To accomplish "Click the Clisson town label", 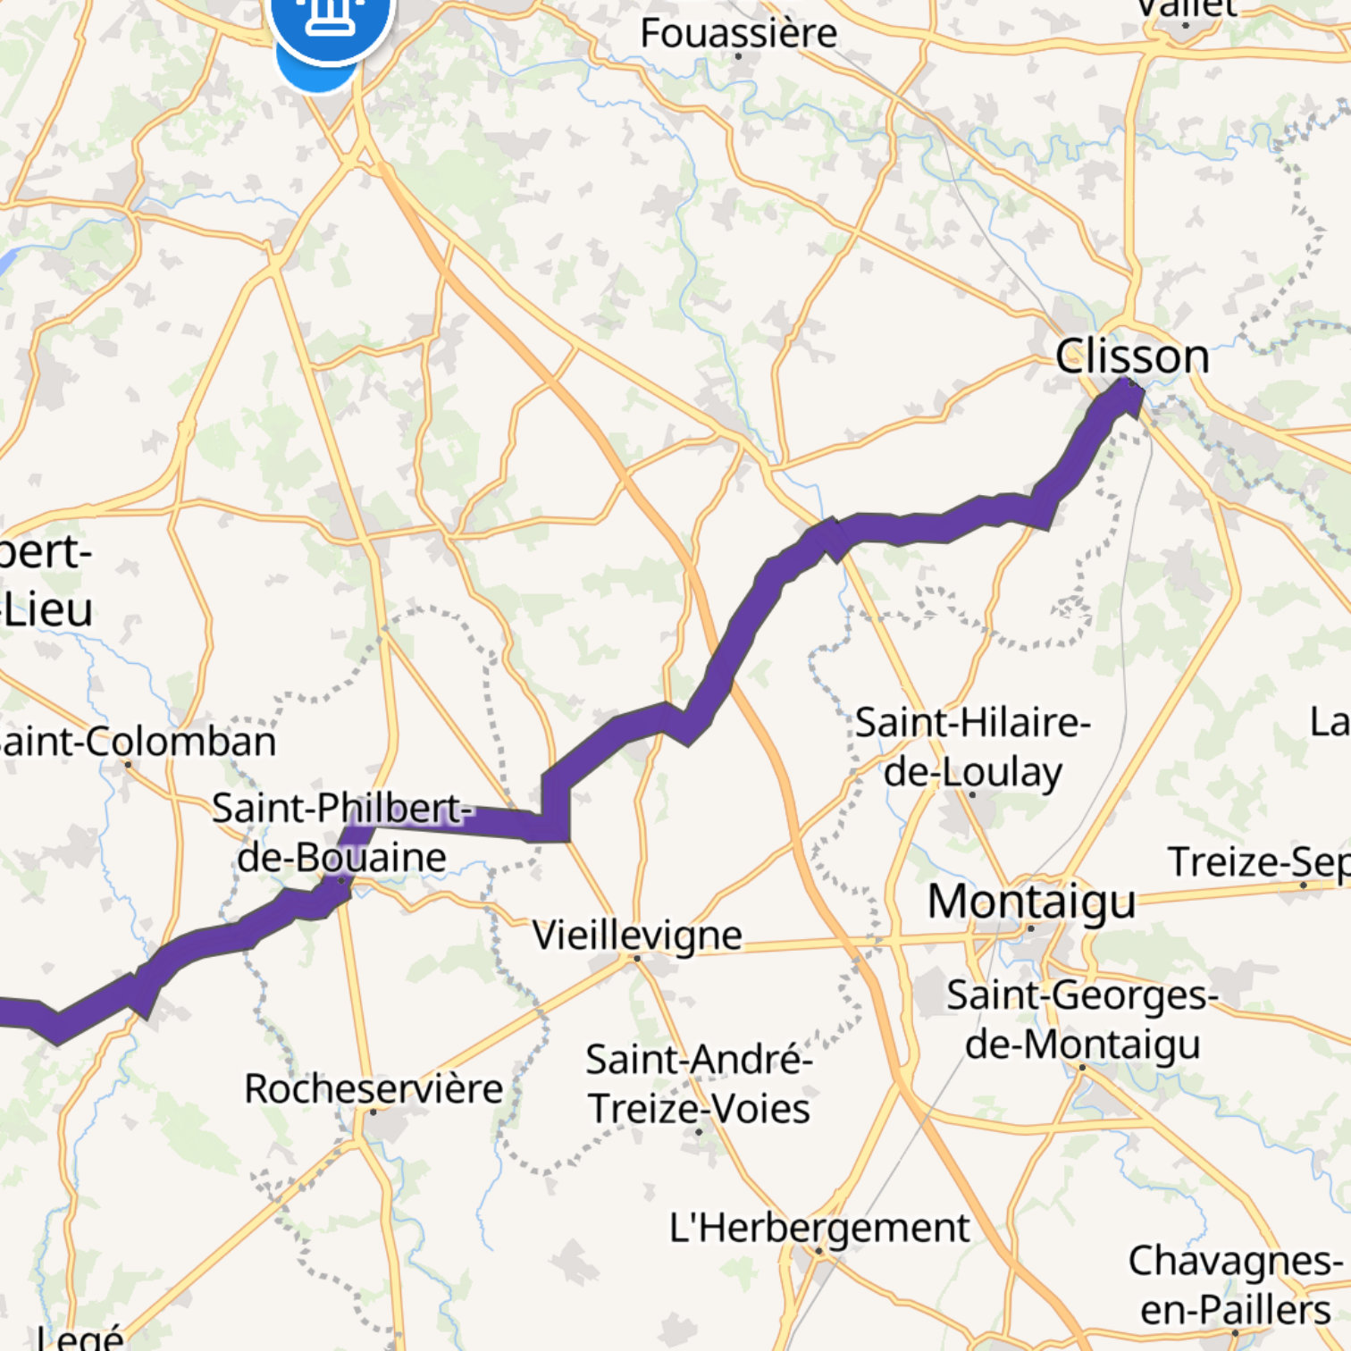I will tap(1132, 357).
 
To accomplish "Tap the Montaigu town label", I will tap(1032, 901).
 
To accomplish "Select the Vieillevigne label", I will tap(637, 936).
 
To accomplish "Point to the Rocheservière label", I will tap(373, 1088).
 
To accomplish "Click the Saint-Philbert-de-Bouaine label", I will tap(341, 832).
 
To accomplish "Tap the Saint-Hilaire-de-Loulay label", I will tap(972, 747).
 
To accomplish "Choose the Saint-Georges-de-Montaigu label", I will tap(1082, 1019).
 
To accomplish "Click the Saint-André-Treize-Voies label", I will tap(699, 1084).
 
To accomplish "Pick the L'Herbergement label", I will tap(819, 1228).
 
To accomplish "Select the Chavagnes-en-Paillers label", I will tap(1235, 1285).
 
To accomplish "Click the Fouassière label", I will tap(739, 34).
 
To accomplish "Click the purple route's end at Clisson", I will tap(1128, 393).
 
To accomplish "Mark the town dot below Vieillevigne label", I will tap(637, 958).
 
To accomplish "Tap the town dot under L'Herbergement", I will tap(818, 1251).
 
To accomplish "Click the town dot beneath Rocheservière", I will tap(373, 1112).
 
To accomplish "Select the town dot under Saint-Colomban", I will tap(128, 764).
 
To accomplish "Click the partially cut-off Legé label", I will tap(80, 1338).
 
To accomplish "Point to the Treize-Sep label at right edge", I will tap(1258, 862).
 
